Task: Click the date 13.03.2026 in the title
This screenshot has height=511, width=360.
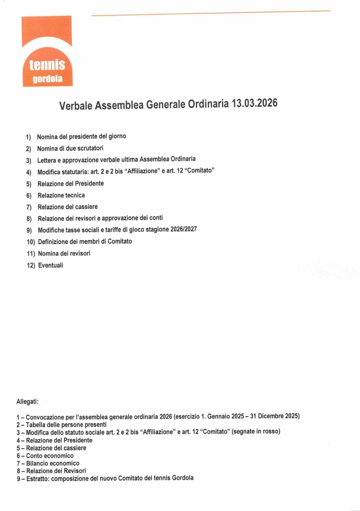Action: pyautogui.click(x=254, y=104)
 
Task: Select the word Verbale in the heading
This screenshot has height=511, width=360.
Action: pyautogui.click(x=76, y=106)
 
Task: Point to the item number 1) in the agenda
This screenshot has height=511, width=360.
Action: pyautogui.click(x=28, y=137)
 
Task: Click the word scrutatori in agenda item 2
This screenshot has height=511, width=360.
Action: pyautogui.click(x=89, y=148)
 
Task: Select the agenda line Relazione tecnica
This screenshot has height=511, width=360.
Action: pyautogui.click(x=61, y=195)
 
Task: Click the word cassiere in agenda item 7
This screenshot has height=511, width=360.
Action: pyautogui.click(x=85, y=207)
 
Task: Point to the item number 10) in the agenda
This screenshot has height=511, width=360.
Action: pyautogui.click(x=30, y=242)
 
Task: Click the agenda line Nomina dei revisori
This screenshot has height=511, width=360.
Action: pyautogui.click(x=64, y=254)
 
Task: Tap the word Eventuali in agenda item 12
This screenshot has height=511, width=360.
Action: pyautogui.click(x=51, y=265)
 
